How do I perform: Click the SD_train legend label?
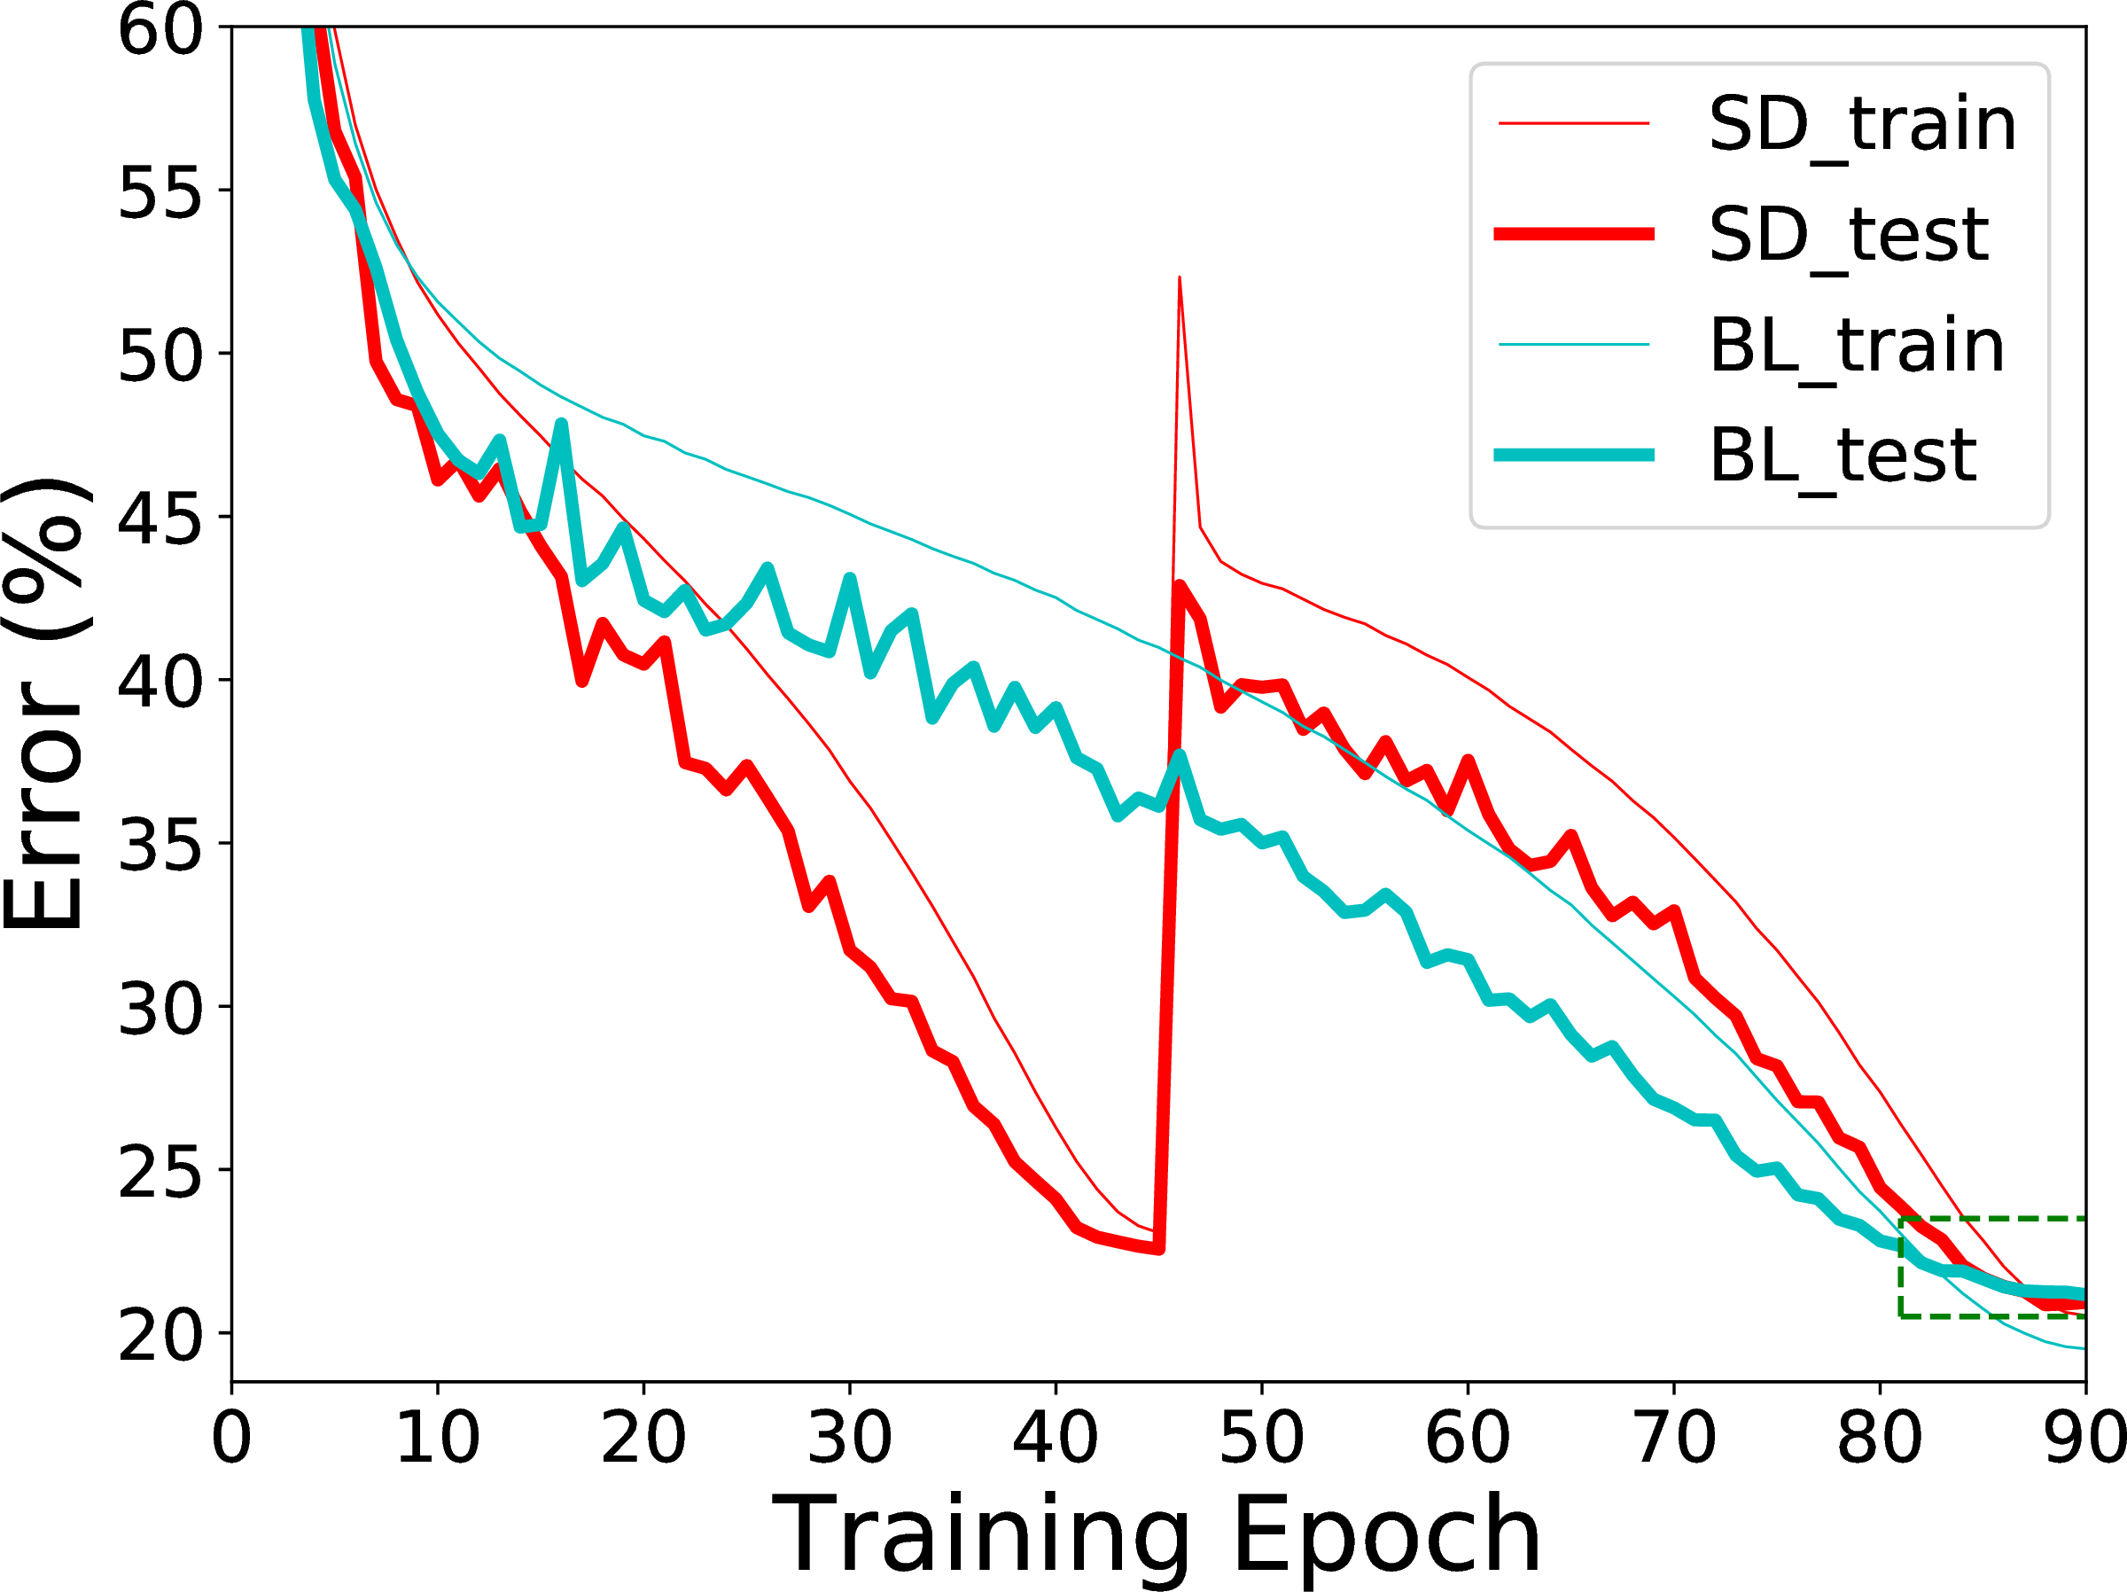[x=1863, y=126]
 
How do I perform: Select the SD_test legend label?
[x=1849, y=236]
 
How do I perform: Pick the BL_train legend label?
[x=1857, y=347]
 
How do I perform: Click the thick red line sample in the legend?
[x=1574, y=234]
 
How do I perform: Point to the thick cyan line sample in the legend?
[x=1574, y=455]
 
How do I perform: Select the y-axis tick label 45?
[x=160, y=519]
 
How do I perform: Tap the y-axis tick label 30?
[x=160, y=1008]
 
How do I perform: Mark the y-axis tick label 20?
[x=160, y=1334]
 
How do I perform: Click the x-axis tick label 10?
[x=438, y=1438]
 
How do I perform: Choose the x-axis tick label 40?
[x=1056, y=1438]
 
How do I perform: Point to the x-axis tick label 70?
[x=1674, y=1438]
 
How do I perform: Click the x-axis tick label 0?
[x=231, y=1438]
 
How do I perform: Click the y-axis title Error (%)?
[x=46, y=702]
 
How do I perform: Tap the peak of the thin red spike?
[x=1179, y=277]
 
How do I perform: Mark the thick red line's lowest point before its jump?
[x=1158, y=1249]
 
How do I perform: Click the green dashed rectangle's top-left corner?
[x=1901, y=1219]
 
